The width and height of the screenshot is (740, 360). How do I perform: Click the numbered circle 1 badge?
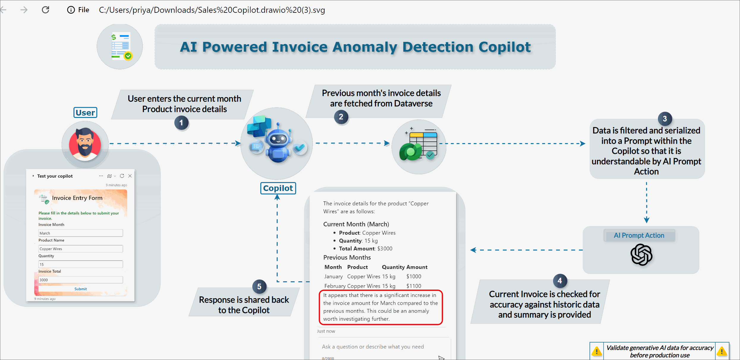pyautogui.click(x=181, y=123)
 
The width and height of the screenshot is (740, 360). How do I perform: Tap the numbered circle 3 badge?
pyautogui.click(x=665, y=119)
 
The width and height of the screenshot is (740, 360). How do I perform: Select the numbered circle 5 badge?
pyautogui.click(x=259, y=287)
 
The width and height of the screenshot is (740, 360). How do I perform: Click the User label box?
pyautogui.click(x=85, y=113)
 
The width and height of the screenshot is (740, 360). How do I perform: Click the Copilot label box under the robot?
pyautogui.click(x=278, y=188)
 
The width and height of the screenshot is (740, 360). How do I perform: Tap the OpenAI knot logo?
pyautogui.click(x=641, y=255)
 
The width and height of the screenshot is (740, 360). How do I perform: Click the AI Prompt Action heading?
pyautogui.click(x=639, y=235)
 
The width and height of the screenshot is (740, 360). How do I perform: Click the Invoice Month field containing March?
pyautogui.click(x=81, y=233)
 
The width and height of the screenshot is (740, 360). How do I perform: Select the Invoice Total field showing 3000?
pyautogui.click(x=81, y=280)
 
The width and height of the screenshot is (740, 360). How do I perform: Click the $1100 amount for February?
pyautogui.click(x=414, y=286)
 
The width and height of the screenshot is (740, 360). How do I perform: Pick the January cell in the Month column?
pyautogui.click(x=333, y=277)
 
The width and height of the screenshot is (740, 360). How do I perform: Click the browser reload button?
pyautogui.click(x=45, y=10)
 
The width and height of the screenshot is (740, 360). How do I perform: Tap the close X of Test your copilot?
pyautogui.click(x=130, y=176)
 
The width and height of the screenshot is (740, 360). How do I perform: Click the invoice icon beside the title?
pyautogui.click(x=120, y=47)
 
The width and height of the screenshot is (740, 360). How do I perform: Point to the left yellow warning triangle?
pyautogui.click(x=596, y=351)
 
